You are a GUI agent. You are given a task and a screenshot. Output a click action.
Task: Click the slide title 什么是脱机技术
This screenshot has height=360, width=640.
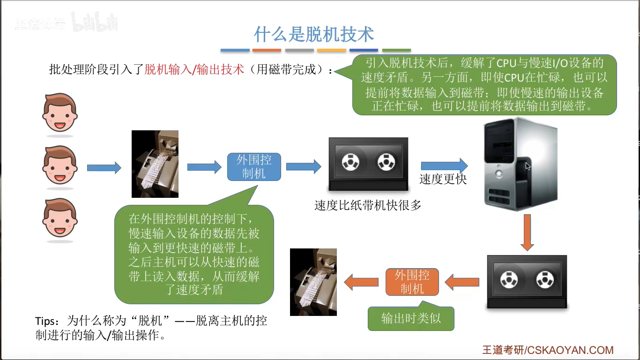pos(314,34)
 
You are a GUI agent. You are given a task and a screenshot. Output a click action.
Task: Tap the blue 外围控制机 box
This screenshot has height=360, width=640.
pos(254,167)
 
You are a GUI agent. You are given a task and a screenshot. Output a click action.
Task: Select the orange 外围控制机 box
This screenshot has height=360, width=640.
pos(412,282)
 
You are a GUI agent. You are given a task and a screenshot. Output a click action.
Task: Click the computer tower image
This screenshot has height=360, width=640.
pos(521,164)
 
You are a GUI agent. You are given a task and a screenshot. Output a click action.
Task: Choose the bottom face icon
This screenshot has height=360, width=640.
pos(60,218)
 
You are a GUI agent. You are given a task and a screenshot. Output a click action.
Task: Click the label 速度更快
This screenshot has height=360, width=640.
pos(443,180)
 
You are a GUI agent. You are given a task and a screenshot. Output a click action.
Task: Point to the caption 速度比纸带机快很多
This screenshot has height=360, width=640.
pos(368,205)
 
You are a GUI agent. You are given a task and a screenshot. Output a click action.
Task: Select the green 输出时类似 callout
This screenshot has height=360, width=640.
pos(411,319)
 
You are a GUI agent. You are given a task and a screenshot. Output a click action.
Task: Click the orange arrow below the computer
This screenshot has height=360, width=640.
pos(528,232)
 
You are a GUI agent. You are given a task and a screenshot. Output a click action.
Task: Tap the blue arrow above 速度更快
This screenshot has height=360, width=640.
pos(444,165)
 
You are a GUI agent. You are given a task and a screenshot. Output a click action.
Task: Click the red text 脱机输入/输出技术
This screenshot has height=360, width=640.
pos(194,69)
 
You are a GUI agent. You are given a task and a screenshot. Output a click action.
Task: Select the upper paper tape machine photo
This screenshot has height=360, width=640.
pos(155,164)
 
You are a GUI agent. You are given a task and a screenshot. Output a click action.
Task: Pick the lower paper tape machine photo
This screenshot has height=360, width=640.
pos(313,282)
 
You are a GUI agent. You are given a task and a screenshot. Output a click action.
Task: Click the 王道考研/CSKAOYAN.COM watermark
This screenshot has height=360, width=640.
pos(548,350)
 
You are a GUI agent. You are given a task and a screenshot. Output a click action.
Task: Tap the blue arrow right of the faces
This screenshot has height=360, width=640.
pos(104,167)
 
